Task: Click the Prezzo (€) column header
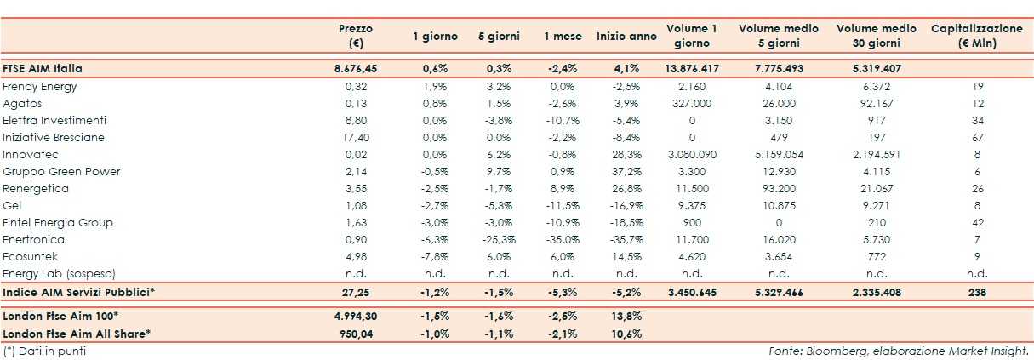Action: click(355, 35)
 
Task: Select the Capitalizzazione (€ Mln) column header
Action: click(976, 35)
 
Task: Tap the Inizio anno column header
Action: click(626, 36)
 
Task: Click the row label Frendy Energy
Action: click(40, 86)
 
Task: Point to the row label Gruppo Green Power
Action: click(61, 171)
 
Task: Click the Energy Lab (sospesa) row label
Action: click(59, 273)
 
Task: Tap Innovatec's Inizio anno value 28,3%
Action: click(626, 154)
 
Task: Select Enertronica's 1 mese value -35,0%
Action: click(563, 239)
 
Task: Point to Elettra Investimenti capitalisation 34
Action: click(976, 120)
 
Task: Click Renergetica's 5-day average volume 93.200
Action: click(779, 188)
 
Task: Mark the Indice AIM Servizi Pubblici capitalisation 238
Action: click(976, 292)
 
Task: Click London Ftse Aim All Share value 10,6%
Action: click(626, 333)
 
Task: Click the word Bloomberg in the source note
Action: click(826, 350)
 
